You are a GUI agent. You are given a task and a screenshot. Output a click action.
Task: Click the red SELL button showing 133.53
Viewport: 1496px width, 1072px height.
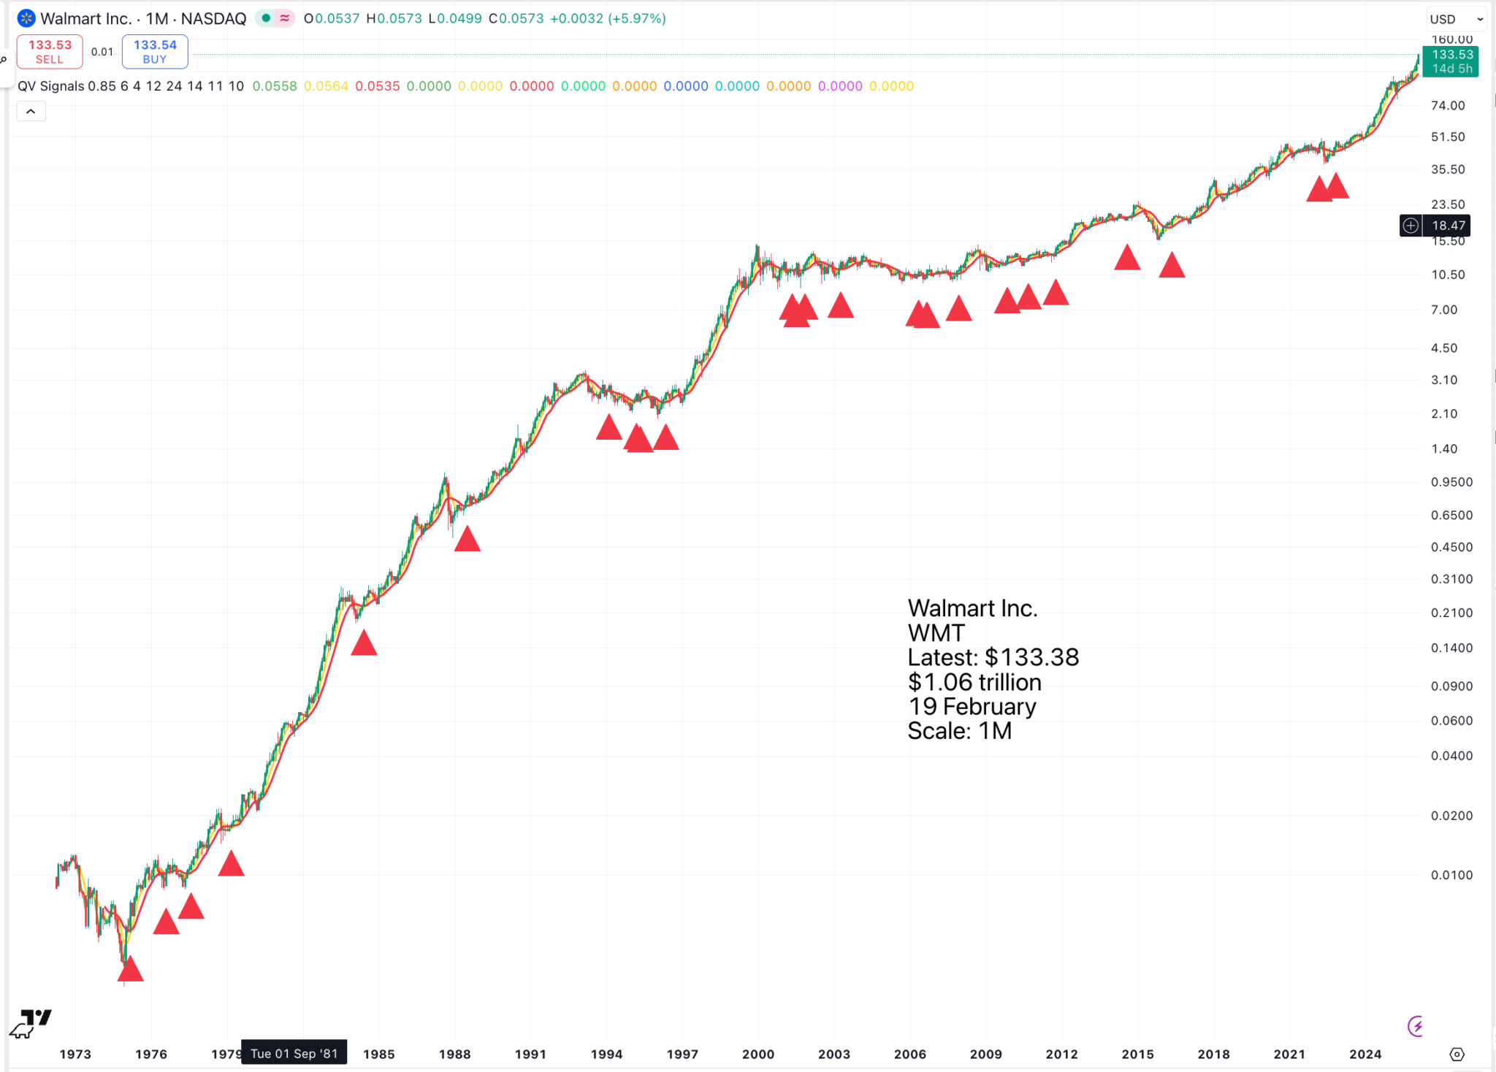coord(50,51)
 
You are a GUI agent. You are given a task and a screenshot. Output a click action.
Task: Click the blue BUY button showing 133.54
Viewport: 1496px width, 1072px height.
coord(155,51)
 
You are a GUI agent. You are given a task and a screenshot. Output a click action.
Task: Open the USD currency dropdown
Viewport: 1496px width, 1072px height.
coord(1456,19)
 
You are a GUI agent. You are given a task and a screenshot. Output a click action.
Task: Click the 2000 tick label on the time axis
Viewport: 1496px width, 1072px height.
coord(758,1054)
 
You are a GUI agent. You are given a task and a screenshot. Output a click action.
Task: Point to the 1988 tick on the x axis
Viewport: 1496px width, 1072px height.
coord(454,1054)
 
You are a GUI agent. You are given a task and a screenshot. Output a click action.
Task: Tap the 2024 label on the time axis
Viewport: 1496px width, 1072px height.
coord(1365,1054)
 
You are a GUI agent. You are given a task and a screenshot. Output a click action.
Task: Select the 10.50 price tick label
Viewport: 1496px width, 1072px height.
coord(1448,275)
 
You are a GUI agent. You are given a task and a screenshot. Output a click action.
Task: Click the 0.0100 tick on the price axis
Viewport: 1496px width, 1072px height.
coord(1451,875)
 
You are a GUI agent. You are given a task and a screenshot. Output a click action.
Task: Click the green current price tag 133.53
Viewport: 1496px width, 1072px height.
coord(1451,61)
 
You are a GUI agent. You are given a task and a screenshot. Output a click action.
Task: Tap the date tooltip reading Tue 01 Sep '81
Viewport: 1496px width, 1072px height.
coord(294,1053)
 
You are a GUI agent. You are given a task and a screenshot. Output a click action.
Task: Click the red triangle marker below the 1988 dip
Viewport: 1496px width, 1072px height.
coord(467,540)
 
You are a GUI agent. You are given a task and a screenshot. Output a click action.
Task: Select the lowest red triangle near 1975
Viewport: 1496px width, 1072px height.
coord(130,970)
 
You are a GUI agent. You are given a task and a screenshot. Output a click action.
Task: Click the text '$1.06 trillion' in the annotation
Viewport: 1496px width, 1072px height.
coord(974,682)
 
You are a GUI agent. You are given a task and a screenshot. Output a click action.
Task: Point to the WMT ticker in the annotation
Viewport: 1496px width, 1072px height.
coord(936,633)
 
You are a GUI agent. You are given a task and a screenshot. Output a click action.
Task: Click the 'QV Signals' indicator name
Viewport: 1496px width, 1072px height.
coord(51,86)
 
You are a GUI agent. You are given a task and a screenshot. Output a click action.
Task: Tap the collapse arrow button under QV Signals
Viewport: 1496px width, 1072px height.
coord(31,111)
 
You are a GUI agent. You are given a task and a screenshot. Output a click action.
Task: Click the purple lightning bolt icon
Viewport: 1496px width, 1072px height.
coord(1416,1026)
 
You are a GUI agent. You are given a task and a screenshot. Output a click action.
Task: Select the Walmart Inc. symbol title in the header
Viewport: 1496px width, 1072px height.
coord(86,19)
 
